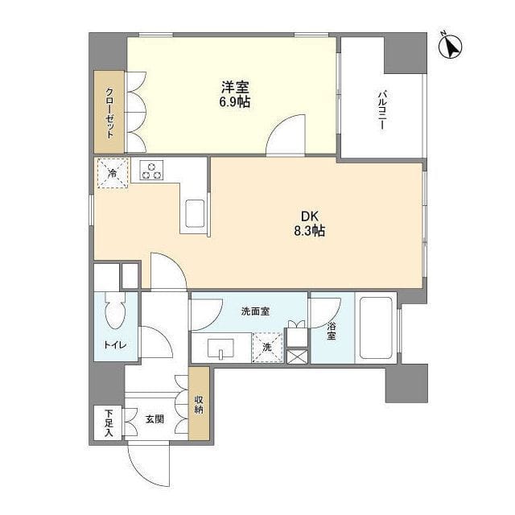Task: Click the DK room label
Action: pos(310,216)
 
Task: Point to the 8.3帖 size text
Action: pos(310,231)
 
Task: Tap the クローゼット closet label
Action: pos(109,113)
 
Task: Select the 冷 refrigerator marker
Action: pos(113,173)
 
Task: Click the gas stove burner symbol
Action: pos(150,171)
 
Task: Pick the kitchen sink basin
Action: pos(196,215)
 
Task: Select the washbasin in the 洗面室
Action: pos(219,349)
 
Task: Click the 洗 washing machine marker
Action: pos(267,347)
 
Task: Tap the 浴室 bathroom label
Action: pos(331,332)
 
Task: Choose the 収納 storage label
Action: pos(198,402)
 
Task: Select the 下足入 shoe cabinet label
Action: pos(109,422)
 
